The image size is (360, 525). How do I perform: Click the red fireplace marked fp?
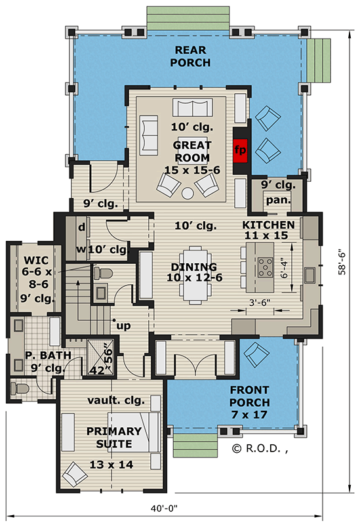tap(241, 150)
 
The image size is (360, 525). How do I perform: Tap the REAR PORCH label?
tap(190, 56)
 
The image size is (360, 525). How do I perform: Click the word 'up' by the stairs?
tap(121, 325)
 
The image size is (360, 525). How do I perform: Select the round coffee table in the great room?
tap(187, 193)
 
